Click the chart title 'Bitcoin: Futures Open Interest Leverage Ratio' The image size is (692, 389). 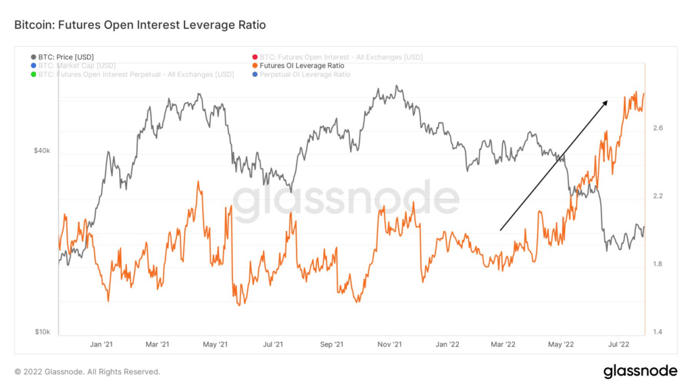click(x=140, y=25)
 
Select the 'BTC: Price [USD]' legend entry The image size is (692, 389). click(x=66, y=57)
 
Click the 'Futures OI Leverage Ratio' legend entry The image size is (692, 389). click(x=301, y=66)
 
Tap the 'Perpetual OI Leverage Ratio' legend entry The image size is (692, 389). click(x=305, y=74)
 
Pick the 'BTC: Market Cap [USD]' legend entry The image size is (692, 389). click(x=77, y=66)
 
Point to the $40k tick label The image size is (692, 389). click(x=42, y=151)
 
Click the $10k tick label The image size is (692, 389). click(x=42, y=332)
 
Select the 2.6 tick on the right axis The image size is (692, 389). click(x=658, y=128)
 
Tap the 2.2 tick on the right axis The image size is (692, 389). click(x=658, y=196)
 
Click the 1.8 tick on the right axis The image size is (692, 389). click(x=658, y=264)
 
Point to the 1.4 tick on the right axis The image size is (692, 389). click(x=658, y=332)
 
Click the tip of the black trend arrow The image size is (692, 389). click(x=606, y=101)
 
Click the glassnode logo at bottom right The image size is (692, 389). click(x=640, y=371)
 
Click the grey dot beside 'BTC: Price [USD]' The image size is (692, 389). click(x=34, y=57)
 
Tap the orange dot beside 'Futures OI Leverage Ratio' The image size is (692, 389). click(x=254, y=66)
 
